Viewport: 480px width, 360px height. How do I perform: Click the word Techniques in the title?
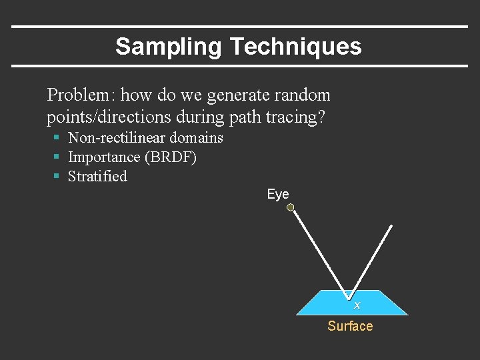pyautogui.click(x=295, y=47)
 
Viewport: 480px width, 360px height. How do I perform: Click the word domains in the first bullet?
pyautogui.click(x=196, y=138)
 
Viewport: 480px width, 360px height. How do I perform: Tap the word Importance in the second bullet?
pyautogui.click(x=101, y=157)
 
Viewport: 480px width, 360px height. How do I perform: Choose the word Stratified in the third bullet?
pyautogui.click(x=97, y=177)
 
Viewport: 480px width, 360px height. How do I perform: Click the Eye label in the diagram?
pyautogui.click(x=278, y=194)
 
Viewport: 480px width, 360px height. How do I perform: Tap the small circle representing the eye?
pyautogui.click(x=291, y=208)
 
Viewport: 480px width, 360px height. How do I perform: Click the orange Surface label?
pyautogui.click(x=350, y=326)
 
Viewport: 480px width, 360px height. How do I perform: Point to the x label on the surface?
pyautogui.click(x=357, y=305)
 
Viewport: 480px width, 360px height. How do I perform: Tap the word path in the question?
pyautogui.click(x=245, y=118)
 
